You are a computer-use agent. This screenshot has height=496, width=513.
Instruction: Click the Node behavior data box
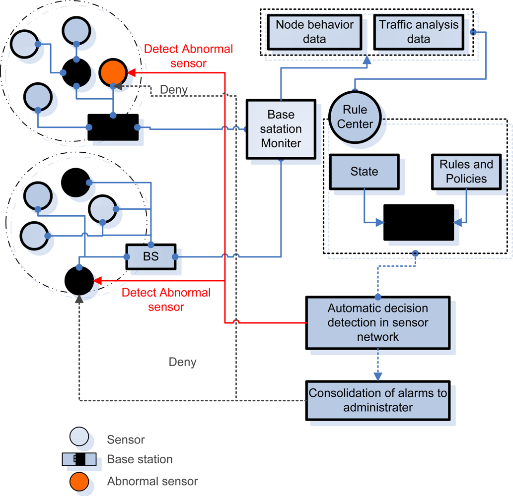pos(314,31)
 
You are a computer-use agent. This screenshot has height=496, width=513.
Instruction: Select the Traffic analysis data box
pos(419,31)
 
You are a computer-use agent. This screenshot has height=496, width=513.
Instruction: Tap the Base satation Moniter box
pos(281,129)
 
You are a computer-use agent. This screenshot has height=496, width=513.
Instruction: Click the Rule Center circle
pos(355,118)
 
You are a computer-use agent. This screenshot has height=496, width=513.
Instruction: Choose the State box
pos(364,172)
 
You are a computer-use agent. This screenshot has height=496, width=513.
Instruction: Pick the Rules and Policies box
pos(466,172)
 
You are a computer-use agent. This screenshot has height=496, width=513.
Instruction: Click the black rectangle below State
pos(418,222)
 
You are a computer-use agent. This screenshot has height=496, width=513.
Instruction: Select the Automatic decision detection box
pos(377,322)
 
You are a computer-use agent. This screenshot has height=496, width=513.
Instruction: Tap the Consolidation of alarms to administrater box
pos(377,400)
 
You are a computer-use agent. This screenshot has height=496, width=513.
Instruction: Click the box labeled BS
pos(150,257)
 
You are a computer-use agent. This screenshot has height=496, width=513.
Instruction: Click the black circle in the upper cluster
pos(76,73)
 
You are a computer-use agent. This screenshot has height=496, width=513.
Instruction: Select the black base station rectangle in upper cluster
pos(113,127)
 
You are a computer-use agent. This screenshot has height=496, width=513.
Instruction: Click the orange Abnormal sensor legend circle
pos(79,481)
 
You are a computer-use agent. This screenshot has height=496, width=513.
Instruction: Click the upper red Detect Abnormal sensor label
pos(188,56)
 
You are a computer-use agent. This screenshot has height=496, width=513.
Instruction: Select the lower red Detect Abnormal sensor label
pos(166,300)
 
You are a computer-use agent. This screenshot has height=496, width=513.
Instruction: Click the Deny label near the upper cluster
pos(174,90)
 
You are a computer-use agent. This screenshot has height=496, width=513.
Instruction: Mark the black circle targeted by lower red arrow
pos(79,281)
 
